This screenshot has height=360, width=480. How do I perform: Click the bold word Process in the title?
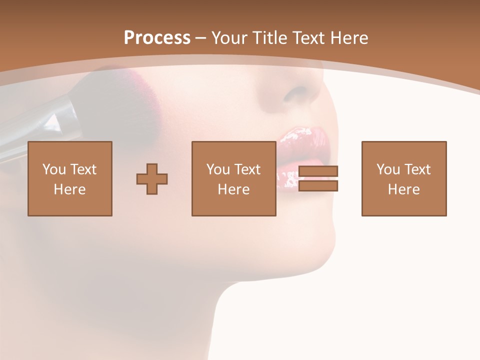coord(157,38)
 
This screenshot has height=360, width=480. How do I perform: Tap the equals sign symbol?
coord(318,178)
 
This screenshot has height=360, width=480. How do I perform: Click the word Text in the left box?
coord(83,169)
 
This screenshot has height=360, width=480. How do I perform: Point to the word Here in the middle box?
coord(234,189)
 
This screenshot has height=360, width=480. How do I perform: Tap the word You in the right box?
coord(388,169)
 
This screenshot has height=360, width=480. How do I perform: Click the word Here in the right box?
coord(404,189)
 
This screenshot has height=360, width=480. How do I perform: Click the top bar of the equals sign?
coord(318,171)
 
